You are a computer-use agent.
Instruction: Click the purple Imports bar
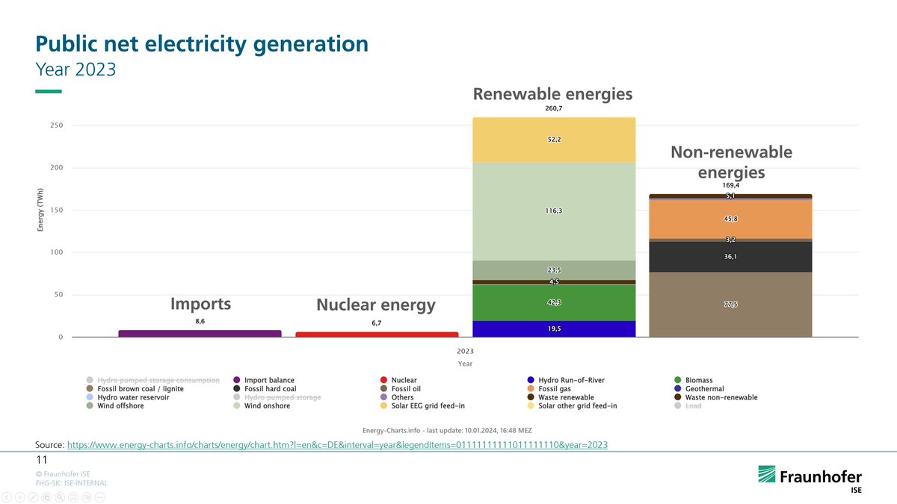click(x=200, y=334)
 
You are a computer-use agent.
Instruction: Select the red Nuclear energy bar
click(x=377, y=335)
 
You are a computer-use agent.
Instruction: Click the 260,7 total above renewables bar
click(x=554, y=109)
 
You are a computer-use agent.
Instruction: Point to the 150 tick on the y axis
click(x=57, y=211)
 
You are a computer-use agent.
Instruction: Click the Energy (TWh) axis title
click(x=41, y=209)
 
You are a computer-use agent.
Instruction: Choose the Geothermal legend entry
click(x=702, y=389)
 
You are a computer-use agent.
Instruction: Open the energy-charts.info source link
click(x=337, y=445)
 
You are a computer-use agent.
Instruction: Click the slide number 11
click(x=42, y=459)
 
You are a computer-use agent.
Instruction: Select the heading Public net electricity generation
click(x=202, y=44)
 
